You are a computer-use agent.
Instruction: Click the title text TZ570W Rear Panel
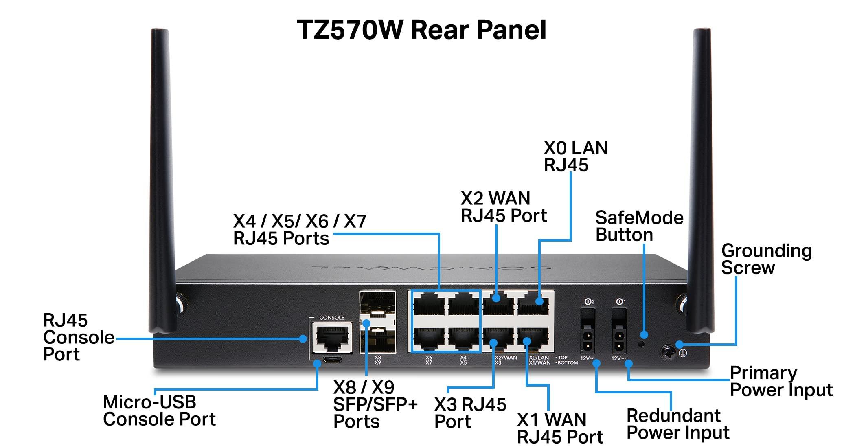(x=421, y=30)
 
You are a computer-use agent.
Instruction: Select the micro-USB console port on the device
(x=332, y=360)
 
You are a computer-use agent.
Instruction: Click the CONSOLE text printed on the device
(x=332, y=317)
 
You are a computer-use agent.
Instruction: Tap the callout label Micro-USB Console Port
(x=159, y=411)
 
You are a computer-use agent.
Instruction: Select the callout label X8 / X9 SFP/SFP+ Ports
(x=375, y=404)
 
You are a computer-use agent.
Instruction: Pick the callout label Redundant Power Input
(x=677, y=424)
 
